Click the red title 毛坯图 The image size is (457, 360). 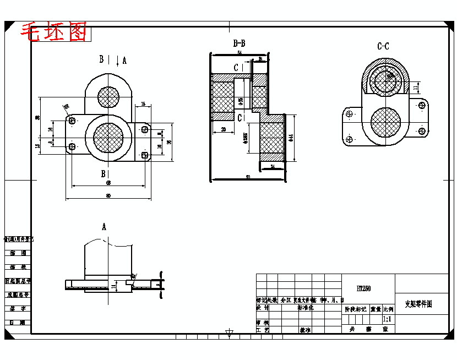point(54,32)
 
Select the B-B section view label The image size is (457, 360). point(239,43)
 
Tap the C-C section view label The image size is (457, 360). point(383,46)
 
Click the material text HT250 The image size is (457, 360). point(363,288)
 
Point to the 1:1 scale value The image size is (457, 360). point(387,319)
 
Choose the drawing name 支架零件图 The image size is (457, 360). point(418,303)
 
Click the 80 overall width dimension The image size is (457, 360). point(108,196)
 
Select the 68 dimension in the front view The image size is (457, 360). point(108,182)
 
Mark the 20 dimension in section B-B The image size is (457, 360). point(223,129)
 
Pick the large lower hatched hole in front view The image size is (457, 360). point(109,138)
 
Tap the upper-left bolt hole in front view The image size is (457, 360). point(72,120)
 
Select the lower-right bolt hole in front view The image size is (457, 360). point(145,155)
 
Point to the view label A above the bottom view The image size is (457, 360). point(104,226)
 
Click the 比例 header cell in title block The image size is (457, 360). point(388,309)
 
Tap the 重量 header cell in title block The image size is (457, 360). point(376,309)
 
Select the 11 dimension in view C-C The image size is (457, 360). point(416,86)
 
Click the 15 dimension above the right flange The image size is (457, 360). point(143,104)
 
